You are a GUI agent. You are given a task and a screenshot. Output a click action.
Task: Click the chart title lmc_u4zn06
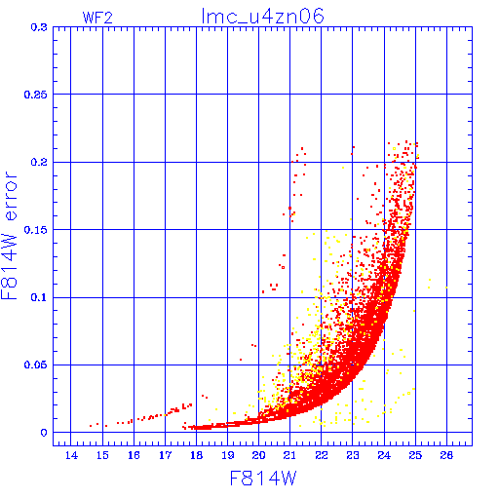[262, 17]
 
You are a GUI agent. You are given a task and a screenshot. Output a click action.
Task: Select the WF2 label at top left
[97, 18]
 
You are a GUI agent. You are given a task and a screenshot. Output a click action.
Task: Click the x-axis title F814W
[263, 479]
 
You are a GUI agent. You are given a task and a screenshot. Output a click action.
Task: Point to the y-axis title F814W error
[9, 236]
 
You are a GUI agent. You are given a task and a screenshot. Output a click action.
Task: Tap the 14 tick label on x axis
[71, 455]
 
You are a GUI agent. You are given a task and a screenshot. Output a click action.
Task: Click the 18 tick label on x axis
[197, 455]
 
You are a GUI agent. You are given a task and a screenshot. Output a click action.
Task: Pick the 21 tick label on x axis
[289, 455]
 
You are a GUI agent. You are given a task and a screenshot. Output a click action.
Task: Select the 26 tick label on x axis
[446, 455]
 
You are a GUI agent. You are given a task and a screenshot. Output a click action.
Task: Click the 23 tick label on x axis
[353, 455]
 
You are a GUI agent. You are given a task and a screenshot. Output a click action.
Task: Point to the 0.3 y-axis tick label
[39, 27]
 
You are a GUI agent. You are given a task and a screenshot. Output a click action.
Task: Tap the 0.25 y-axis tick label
[36, 95]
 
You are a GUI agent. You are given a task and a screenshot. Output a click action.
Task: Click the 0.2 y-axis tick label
[39, 162]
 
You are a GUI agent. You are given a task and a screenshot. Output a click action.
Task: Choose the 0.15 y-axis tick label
[36, 230]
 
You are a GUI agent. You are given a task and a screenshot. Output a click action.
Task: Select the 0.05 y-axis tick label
[36, 365]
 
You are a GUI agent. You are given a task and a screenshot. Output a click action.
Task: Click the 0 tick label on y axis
[44, 433]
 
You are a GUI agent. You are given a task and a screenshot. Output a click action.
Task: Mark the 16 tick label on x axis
[134, 455]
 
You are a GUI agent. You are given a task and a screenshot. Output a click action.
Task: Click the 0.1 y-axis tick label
[39, 297]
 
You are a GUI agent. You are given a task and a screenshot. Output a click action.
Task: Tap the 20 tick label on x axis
[259, 455]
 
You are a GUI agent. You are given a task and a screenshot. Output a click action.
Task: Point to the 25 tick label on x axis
[415, 455]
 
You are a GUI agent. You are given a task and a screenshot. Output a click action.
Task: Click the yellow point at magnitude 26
[446, 288]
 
